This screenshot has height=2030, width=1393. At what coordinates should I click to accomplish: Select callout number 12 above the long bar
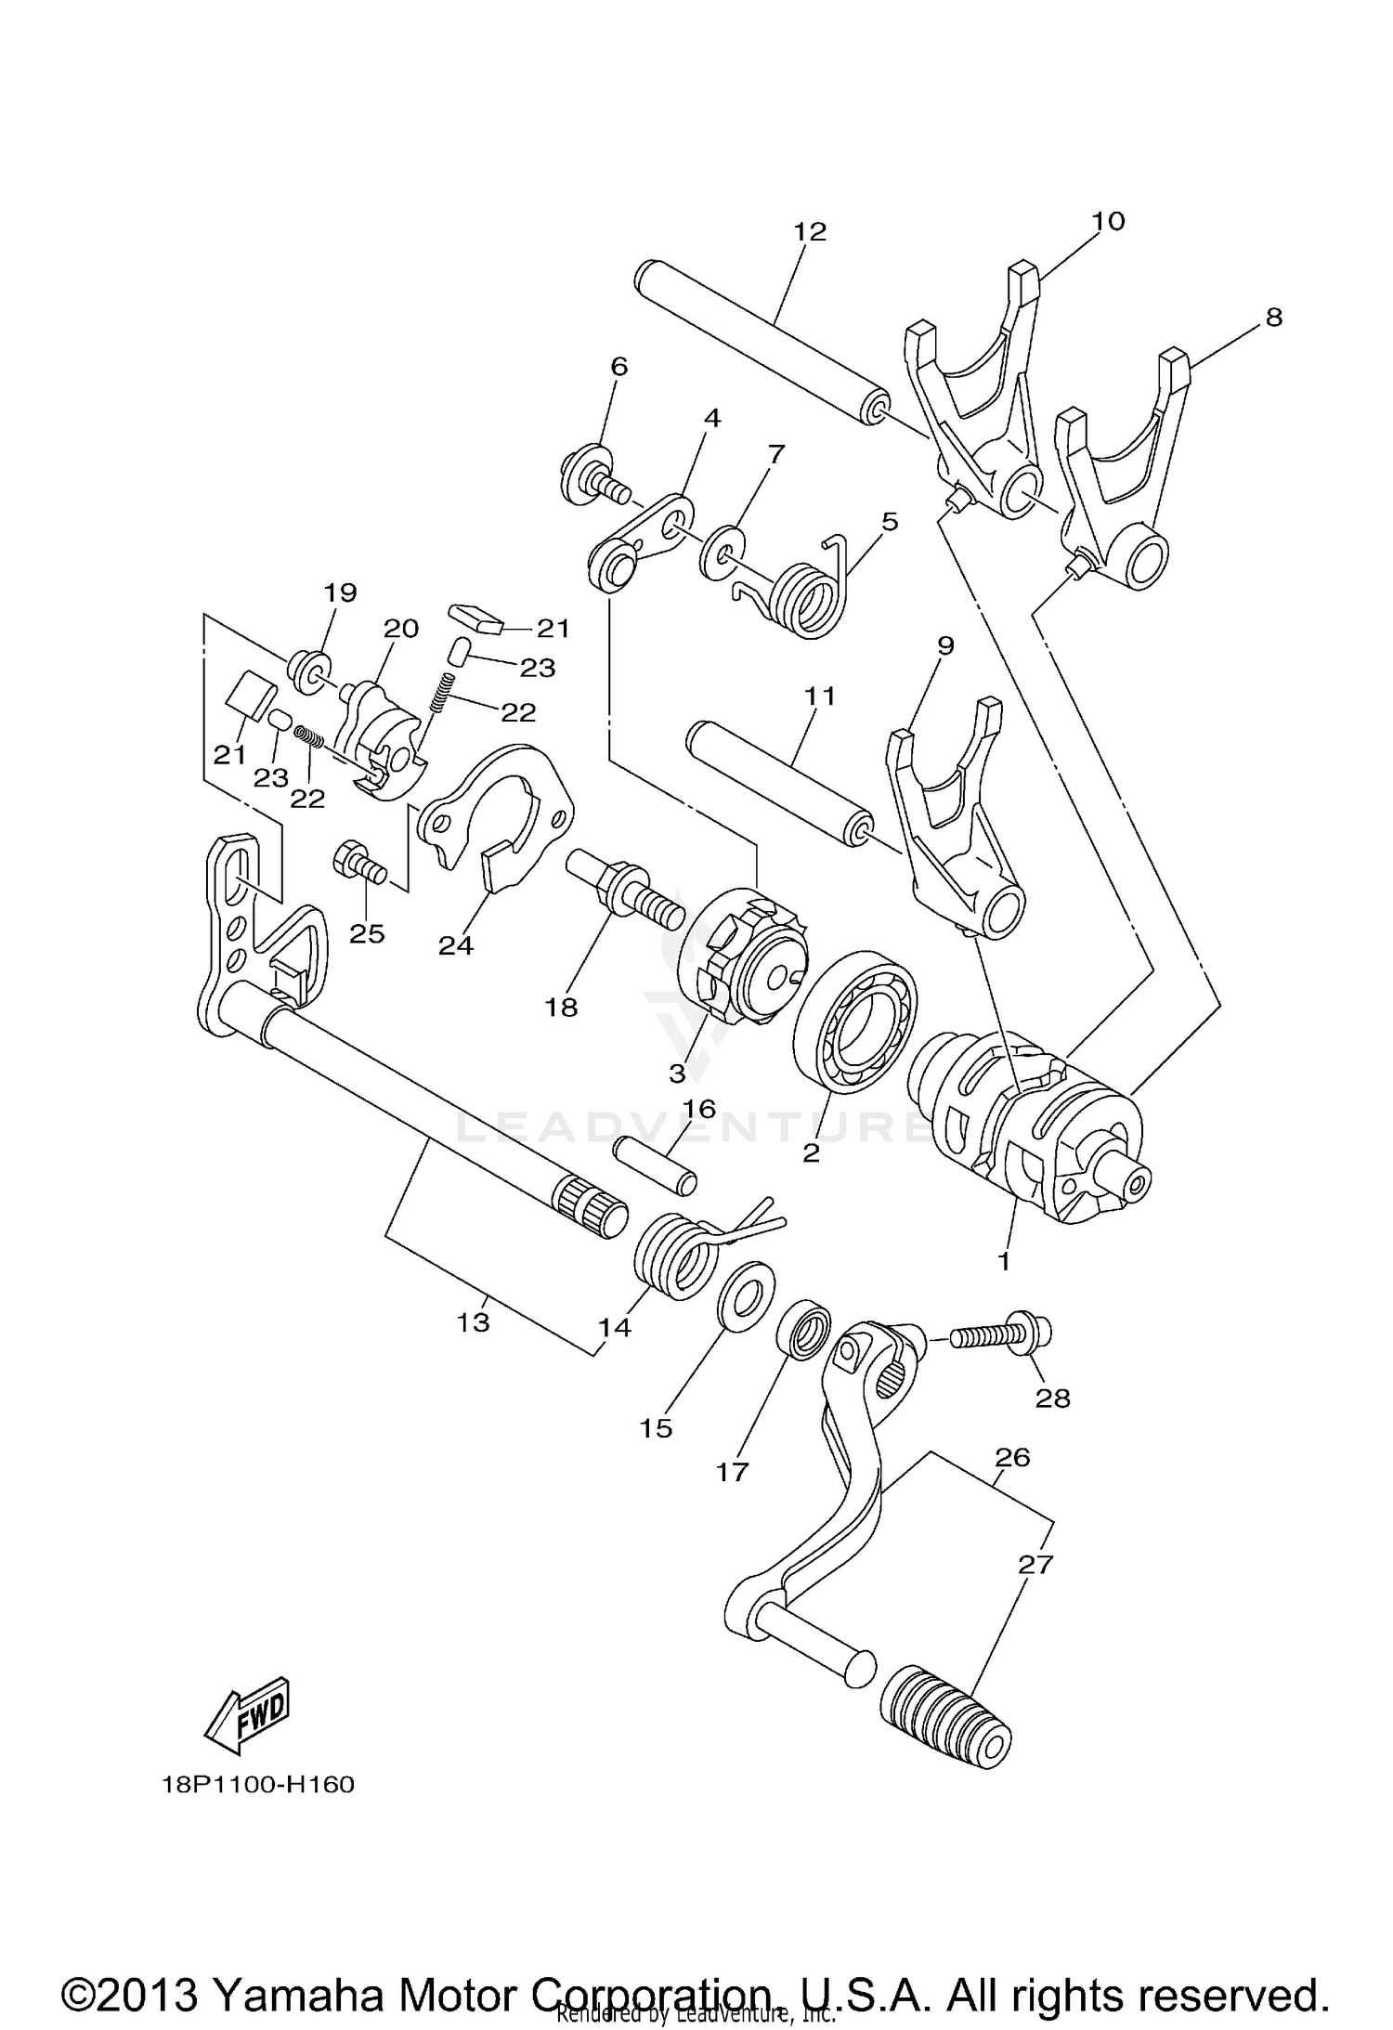click(810, 231)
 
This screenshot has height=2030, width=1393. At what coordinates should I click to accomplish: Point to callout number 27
click(1035, 1565)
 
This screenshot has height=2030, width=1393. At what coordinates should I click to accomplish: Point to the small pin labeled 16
click(655, 1167)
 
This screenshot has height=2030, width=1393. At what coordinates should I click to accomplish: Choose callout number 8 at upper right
click(1273, 318)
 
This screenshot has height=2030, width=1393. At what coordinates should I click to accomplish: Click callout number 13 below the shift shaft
click(473, 1322)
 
